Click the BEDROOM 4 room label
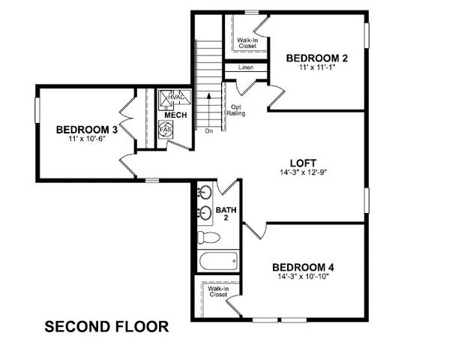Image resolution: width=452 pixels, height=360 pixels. pos(302,267)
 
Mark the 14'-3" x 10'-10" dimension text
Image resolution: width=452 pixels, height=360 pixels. pos(302,277)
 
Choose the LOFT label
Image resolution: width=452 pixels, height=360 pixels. pos(304,163)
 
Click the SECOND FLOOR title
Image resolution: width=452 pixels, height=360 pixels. pos(106,327)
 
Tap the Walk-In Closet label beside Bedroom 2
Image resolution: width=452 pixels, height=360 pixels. pos(247,43)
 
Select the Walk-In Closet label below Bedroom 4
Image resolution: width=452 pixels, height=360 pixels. pos(217,291)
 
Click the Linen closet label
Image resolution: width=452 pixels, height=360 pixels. pos(247,68)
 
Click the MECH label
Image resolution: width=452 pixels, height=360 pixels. pos(176,115)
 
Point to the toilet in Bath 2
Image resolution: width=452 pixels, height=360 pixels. pos(208,237)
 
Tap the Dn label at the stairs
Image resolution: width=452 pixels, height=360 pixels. pos(208,130)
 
